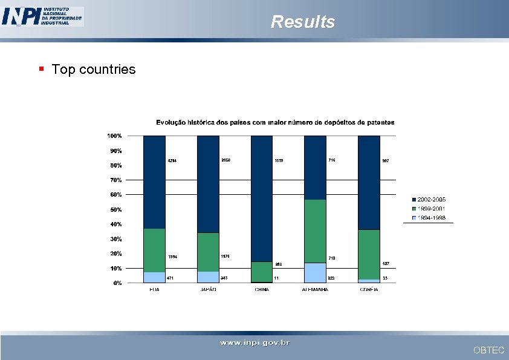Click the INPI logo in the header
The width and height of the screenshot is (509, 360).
coord(42,16)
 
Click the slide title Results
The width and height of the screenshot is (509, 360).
coord(302,22)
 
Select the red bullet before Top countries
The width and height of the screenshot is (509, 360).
coord(41,69)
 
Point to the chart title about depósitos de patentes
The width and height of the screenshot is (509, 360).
coord(275,122)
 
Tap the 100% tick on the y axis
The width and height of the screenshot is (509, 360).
coord(115,136)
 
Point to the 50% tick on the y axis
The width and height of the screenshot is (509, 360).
coord(115,209)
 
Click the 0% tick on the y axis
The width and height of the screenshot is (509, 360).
coord(117,283)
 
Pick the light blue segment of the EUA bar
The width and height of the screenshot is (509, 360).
coord(154,277)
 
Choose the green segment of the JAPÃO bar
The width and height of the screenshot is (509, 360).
coord(208,252)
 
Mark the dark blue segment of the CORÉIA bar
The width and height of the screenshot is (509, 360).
coord(369,182)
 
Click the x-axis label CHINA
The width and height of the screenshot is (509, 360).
coord(262,290)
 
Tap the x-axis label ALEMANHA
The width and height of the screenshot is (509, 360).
coord(315,290)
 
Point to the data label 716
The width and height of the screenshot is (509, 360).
coord(332,160)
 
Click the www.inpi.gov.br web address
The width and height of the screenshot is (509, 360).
coord(254,344)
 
